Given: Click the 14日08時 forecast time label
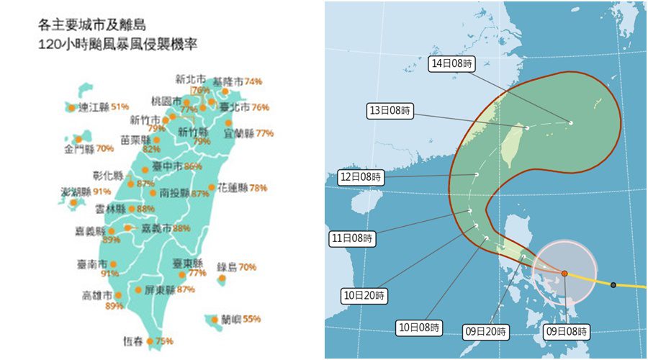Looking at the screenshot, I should click(451, 63).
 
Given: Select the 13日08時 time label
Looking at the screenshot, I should click(390, 111).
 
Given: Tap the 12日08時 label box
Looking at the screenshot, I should click(361, 176).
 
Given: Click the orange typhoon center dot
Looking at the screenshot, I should click(564, 274).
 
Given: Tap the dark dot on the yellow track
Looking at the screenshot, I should click(613, 285).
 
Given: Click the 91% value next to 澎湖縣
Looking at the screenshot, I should click(102, 192).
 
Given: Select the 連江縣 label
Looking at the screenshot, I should click(94, 107).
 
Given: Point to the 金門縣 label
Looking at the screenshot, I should click(79, 149).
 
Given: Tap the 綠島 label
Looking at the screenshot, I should click(227, 267).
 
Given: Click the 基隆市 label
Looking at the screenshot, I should click(228, 81).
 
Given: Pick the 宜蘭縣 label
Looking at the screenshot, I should click(239, 133).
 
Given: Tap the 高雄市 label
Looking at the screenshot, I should click(97, 295).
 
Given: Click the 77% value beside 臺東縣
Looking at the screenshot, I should click(197, 274).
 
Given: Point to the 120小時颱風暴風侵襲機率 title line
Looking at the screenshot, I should click(119, 43).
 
